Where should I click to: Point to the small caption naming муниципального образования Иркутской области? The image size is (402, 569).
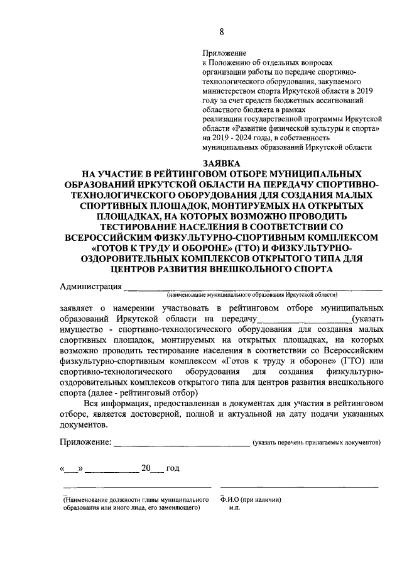tap(252, 294)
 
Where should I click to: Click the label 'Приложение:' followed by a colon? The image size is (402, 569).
tap(86, 443)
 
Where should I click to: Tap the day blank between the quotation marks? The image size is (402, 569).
tap(72, 468)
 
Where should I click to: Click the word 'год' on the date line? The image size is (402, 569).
tap(173, 468)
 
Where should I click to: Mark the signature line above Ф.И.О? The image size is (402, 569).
tap(299, 487)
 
